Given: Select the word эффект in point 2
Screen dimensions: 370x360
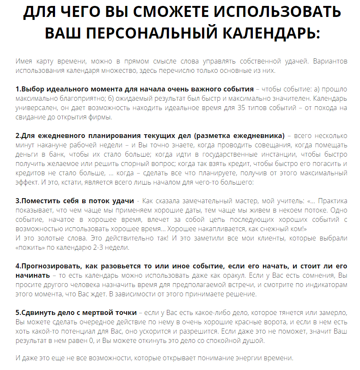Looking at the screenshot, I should [x=28, y=182].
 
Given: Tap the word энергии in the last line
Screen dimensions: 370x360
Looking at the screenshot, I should [x=247, y=358].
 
